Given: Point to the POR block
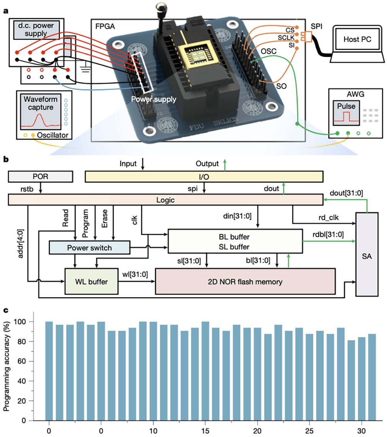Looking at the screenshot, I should (40, 177).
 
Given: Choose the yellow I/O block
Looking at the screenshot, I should (204, 177).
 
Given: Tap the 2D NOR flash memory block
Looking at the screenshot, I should (245, 281).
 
